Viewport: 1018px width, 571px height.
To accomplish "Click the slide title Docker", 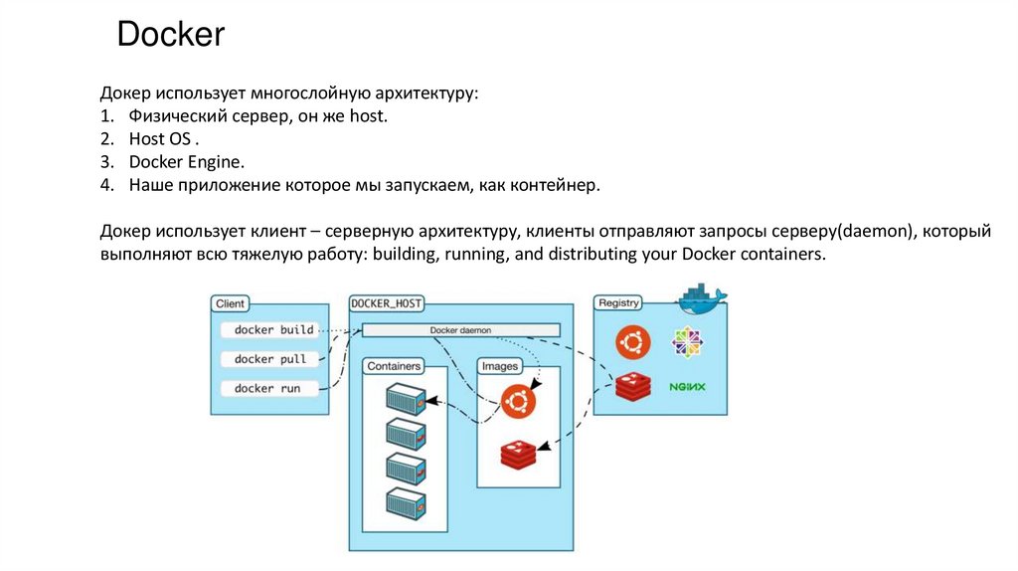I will click(x=171, y=36).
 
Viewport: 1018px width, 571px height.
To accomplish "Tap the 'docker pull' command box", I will click(x=270, y=359).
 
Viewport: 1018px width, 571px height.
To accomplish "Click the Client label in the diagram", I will click(x=231, y=303).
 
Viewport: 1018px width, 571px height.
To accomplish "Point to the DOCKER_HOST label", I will click(x=387, y=302).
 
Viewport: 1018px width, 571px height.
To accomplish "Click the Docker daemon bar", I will click(x=460, y=330).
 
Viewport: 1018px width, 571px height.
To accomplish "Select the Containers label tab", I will click(x=394, y=366).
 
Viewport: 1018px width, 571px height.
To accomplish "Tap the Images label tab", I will click(x=500, y=366).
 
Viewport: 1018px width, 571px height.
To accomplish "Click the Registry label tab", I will click(x=617, y=302).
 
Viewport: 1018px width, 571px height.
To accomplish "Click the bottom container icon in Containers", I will click(x=406, y=503).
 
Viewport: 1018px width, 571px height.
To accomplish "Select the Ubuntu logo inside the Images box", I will click(x=518, y=401).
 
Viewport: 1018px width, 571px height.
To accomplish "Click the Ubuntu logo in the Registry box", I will click(x=632, y=341).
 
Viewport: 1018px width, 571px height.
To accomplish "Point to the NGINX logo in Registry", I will click(x=687, y=386).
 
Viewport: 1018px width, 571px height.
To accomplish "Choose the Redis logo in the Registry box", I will click(x=632, y=386).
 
